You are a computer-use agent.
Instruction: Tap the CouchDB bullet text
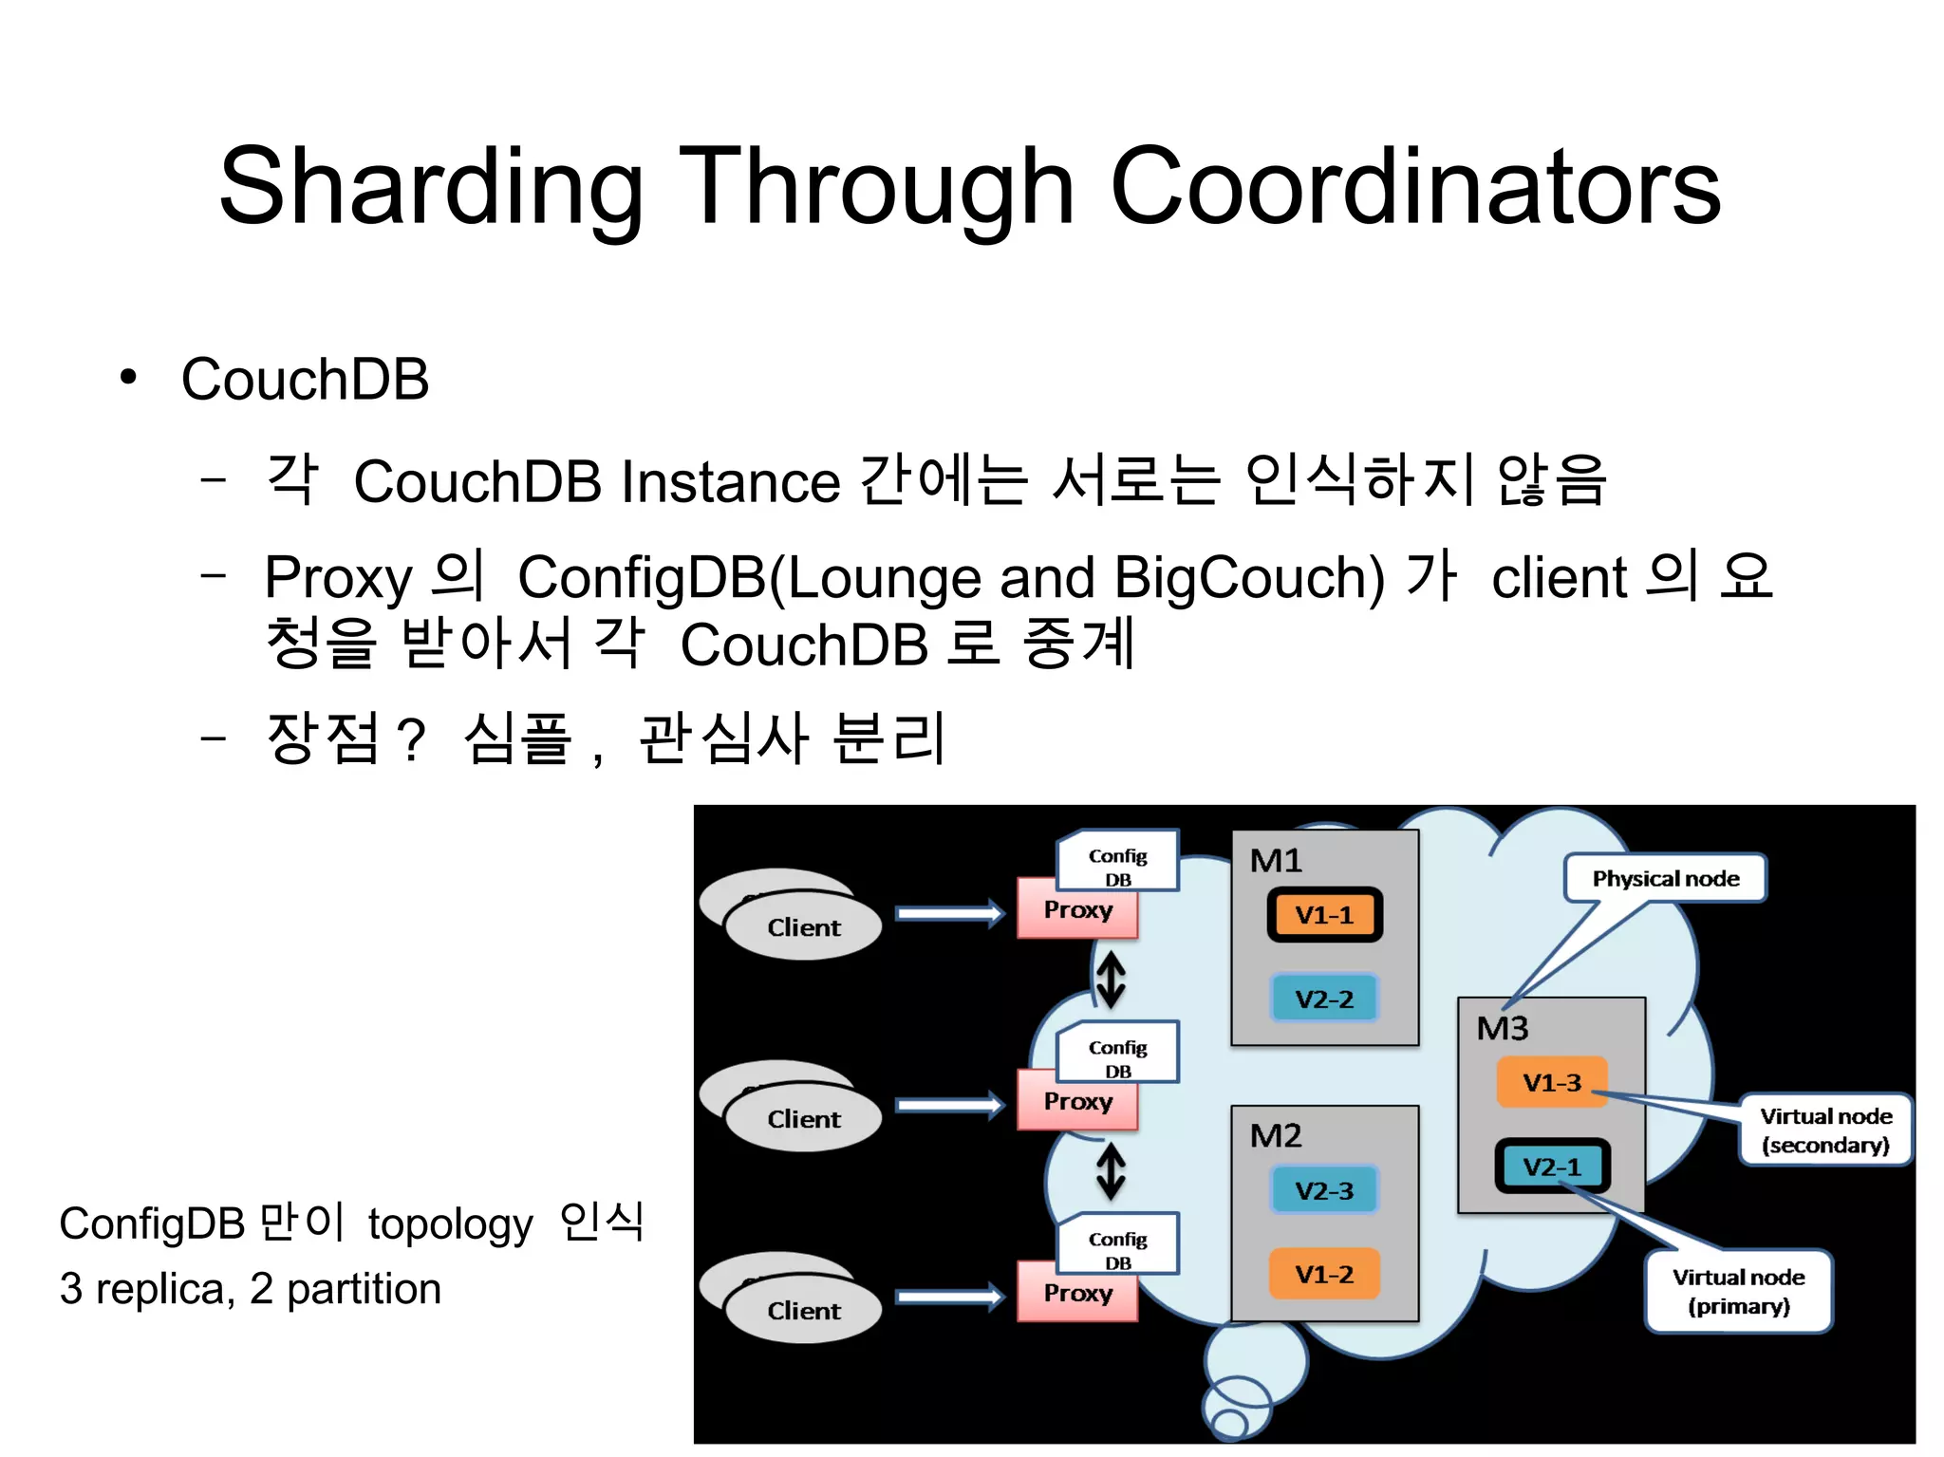click(x=305, y=380)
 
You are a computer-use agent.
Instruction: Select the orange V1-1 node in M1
click(x=1324, y=915)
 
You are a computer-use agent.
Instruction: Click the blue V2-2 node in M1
click(x=1324, y=999)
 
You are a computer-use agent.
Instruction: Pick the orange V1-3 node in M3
click(x=1551, y=1082)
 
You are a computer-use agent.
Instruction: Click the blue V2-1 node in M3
click(x=1552, y=1167)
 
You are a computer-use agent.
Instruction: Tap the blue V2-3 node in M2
click(x=1324, y=1190)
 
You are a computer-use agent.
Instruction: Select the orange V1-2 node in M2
click(x=1324, y=1274)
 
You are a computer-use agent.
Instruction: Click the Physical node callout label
click(x=1665, y=879)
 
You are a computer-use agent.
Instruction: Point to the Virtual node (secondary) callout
click(x=1825, y=1130)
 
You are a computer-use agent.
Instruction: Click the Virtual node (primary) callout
click(x=1738, y=1291)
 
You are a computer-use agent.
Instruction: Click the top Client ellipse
click(x=803, y=927)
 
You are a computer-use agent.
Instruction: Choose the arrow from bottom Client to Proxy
click(x=949, y=1297)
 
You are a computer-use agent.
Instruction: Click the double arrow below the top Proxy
click(x=1111, y=980)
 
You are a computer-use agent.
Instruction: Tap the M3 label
click(x=1502, y=1028)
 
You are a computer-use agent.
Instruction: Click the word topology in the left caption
click(x=450, y=1224)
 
